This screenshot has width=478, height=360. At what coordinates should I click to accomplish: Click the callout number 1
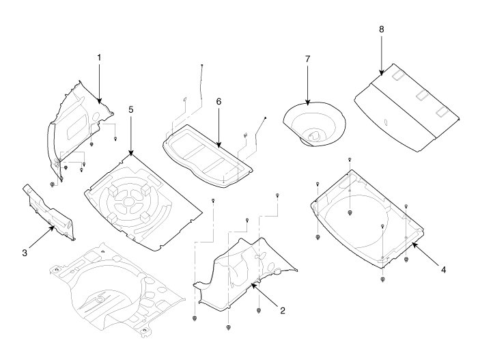99,58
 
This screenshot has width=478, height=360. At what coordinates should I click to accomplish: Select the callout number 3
24,253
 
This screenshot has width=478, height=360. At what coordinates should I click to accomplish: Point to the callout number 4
443,270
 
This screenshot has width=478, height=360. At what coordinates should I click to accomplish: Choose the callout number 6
219,100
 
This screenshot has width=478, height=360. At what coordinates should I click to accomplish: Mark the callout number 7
307,59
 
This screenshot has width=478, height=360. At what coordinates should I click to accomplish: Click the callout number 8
381,29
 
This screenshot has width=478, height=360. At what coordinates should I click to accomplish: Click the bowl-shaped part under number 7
314,123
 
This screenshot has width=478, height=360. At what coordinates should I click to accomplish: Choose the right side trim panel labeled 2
242,270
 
